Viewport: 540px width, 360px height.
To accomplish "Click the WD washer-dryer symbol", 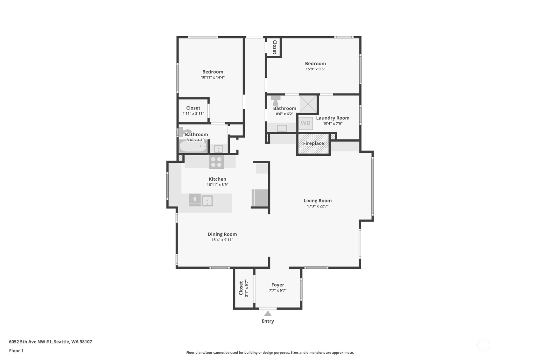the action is pyautogui.click(x=306, y=123).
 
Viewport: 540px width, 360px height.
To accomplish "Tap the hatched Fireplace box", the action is pyautogui.click(x=313, y=144).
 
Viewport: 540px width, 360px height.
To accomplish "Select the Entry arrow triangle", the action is pyautogui.click(x=268, y=314).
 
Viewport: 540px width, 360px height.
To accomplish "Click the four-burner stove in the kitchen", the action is pyautogui.click(x=216, y=162).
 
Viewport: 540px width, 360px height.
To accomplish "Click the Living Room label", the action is pyautogui.click(x=318, y=201).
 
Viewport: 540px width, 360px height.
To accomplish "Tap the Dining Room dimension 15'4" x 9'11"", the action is pyautogui.click(x=222, y=240).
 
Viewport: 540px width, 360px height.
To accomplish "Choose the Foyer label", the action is pyautogui.click(x=278, y=285).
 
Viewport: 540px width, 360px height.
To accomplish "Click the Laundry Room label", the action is pyautogui.click(x=333, y=118).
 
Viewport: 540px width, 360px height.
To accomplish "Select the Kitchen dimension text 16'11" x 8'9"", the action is pyautogui.click(x=217, y=185).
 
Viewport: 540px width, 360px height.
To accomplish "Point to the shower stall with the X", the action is pyautogui.click(x=308, y=104).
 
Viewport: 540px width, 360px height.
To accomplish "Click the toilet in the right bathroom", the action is pyautogui.click(x=275, y=101).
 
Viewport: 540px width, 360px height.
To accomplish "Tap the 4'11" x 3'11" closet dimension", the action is pyautogui.click(x=193, y=114).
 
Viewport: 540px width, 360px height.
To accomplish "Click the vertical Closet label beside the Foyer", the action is pyautogui.click(x=241, y=288).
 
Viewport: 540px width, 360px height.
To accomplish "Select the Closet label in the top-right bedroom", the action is pyautogui.click(x=275, y=47).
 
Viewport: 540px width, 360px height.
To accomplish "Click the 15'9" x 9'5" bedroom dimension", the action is pyautogui.click(x=315, y=69).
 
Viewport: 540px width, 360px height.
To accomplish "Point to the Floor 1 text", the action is pyautogui.click(x=16, y=350).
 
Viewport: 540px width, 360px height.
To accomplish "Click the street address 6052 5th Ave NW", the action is pyautogui.click(x=30, y=342).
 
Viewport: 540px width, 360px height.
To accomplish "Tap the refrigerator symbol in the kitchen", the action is pyautogui.click(x=260, y=197).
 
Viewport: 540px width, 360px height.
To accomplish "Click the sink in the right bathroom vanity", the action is pyautogui.click(x=282, y=128).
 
